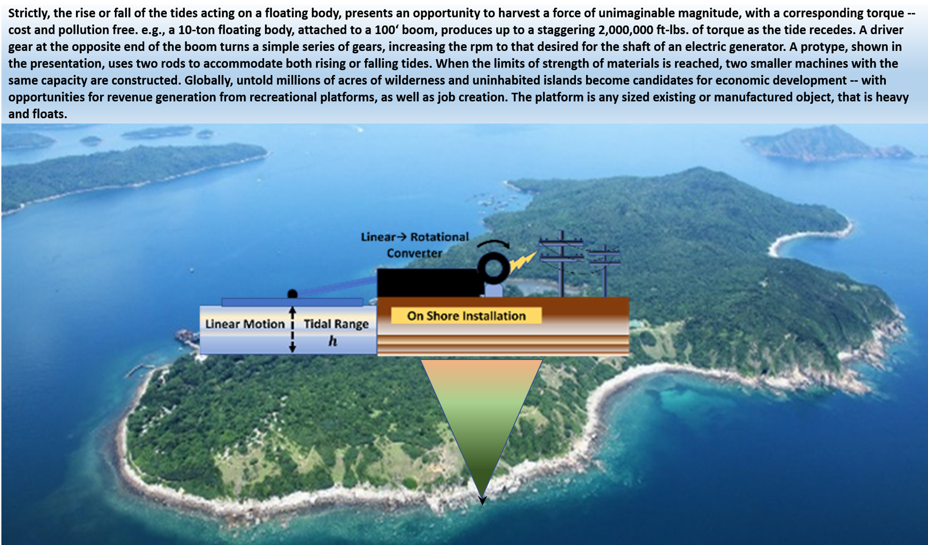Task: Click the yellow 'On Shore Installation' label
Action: coord(466,316)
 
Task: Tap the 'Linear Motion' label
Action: coord(245,324)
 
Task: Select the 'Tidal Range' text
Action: coord(336,324)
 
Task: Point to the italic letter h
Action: coord(333,341)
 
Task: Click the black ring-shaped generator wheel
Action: coord(494,268)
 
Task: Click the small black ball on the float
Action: coord(293,295)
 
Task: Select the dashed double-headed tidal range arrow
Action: coord(293,330)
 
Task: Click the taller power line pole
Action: coord(562,264)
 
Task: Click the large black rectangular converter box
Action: coord(427,283)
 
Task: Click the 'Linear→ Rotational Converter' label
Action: coord(415,245)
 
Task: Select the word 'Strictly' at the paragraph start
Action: coord(29,13)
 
